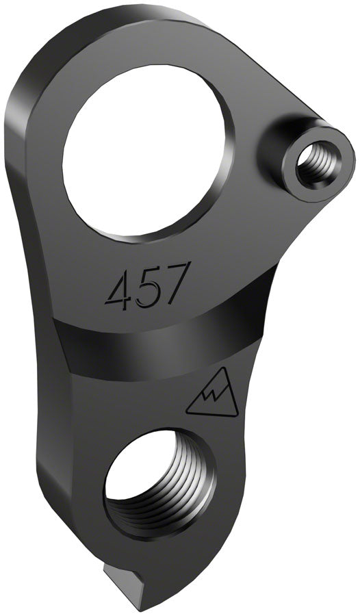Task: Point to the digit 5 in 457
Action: click(x=151, y=285)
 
